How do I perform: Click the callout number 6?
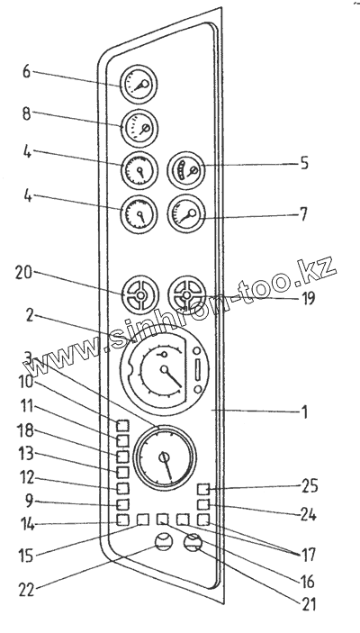pos(26,72)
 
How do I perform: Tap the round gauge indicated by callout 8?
pos(139,129)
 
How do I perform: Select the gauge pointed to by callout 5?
pos(186,170)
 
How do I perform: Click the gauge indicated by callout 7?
pos(186,213)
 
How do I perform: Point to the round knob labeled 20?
pos(140,295)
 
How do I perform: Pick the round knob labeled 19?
pos(186,295)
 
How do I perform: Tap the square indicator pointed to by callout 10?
pos(122,426)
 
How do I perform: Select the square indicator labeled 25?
pos(203,489)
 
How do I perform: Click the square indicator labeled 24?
pos(203,504)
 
